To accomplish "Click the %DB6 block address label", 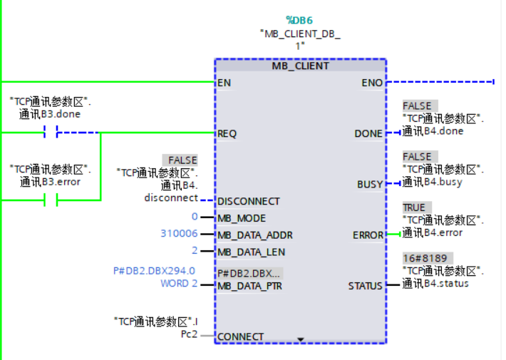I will [300, 20].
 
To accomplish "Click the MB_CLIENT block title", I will [300, 66].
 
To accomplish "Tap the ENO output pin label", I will [372, 83].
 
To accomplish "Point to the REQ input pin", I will [227, 133].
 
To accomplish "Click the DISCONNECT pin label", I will [248, 201].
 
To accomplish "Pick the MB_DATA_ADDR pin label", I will [254, 235].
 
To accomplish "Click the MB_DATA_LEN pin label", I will [251, 252].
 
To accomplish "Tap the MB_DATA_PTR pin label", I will [249, 286].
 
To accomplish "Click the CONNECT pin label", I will [240, 336].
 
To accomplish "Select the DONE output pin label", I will [368, 133].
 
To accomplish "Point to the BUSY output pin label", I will [370, 184].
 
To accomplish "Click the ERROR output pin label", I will [368, 235].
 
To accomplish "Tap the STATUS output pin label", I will [365, 286].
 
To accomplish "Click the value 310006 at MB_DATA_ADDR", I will [179, 234].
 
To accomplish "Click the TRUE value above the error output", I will [414, 207].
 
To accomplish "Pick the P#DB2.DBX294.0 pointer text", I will [154, 271].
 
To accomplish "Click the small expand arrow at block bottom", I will [301, 339].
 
